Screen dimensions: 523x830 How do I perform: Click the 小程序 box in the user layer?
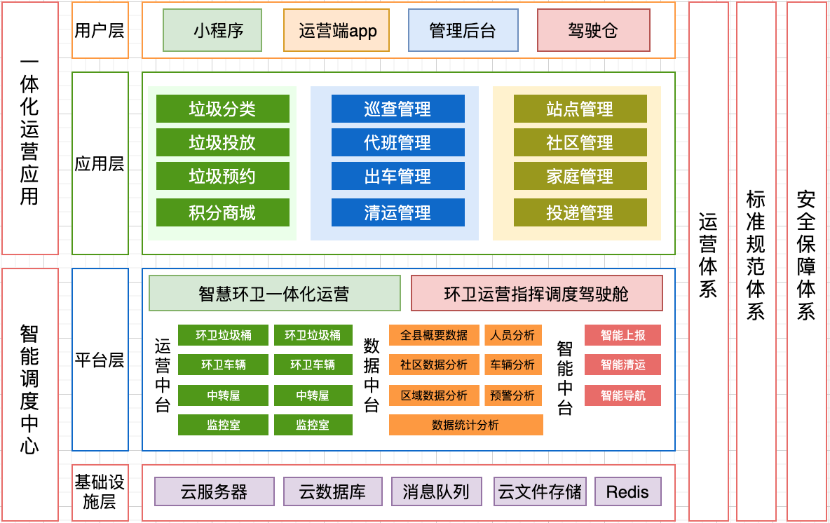212,30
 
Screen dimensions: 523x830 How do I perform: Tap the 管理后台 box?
463,30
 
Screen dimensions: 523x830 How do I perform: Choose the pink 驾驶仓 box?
593,30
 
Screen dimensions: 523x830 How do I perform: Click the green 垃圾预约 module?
222,176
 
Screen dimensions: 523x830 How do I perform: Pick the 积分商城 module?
222,212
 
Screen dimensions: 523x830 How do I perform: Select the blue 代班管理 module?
397,142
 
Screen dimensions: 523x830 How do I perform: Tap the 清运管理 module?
397,212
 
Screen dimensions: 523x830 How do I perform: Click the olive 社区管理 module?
580,142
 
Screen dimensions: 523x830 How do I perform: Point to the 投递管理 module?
580,212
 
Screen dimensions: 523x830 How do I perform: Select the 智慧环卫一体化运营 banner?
274,293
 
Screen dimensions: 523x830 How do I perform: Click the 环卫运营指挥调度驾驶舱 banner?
536,293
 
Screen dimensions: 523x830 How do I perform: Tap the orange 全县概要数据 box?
434,335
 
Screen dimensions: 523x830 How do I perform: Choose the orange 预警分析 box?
513,395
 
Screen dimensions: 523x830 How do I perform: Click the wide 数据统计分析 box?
465,425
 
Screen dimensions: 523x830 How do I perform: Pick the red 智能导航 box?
622,395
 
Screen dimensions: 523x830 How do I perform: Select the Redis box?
627,491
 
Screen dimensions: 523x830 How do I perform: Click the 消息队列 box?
436,491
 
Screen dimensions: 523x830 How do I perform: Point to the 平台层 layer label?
100,360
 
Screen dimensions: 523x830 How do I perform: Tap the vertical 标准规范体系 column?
756,261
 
